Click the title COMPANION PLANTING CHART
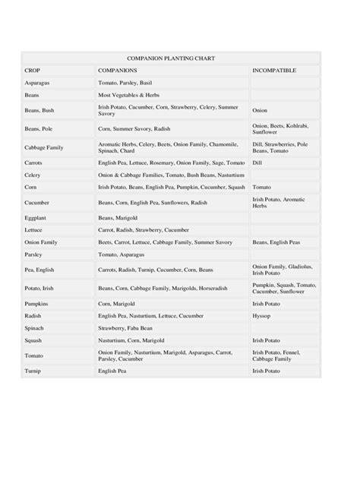(x=171, y=58)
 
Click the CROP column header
(x=32, y=70)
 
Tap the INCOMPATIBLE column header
(x=273, y=70)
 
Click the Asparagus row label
(x=37, y=82)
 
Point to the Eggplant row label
(x=36, y=217)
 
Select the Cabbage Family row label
(x=44, y=147)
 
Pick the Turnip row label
(x=33, y=371)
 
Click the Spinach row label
(x=35, y=328)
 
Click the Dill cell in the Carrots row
(x=257, y=163)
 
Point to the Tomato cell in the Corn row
(x=261, y=186)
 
